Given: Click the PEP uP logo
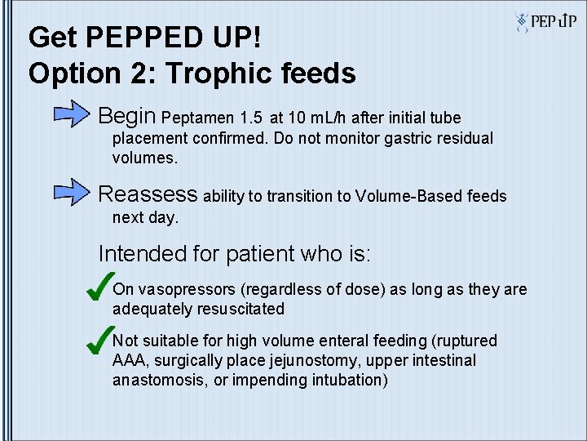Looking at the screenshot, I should [545, 21].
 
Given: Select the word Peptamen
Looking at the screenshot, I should [201, 118].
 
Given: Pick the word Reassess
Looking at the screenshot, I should [148, 194].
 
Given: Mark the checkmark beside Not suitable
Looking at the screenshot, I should [99, 338].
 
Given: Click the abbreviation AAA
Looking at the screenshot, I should [128, 361].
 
